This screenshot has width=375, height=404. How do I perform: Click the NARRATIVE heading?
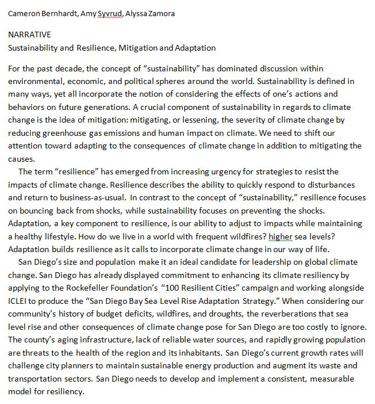point(29,35)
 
